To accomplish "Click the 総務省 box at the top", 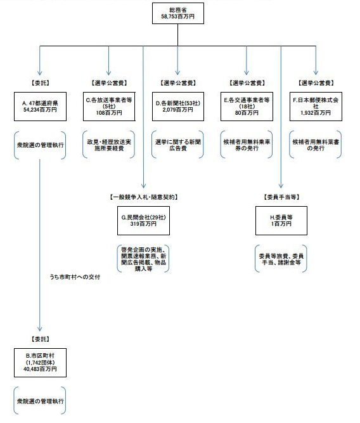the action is pyautogui.click(x=177, y=13).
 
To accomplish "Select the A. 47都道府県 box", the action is pyautogui.click(x=40, y=107).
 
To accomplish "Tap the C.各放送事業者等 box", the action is pyautogui.click(x=109, y=107).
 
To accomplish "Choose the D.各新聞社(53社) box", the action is pyautogui.click(x=178, y=107).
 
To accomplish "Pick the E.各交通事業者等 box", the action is pyautogui.click(x=247, y=107).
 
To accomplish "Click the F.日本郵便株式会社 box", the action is pyautogui.click(x=316, y=107).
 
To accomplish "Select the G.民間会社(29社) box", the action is pyautogui.click(x=143, y=221).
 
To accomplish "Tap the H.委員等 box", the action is pyautogui.click(x=281, y=221).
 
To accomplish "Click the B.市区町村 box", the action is pyautogui.click(x=40, y=363).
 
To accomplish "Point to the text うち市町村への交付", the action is pyautogui.click(x=75, y=277).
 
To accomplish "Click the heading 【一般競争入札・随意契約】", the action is pyautogui.click(x=144, y=197).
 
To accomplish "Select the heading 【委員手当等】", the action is pyautogui.click(x=281, y=197).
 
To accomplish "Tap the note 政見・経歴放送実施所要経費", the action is pyautogui.click(x=109, y=145).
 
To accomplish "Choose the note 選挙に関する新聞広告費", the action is pyautogui.click(x=178, y=145).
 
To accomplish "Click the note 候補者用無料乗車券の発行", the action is pyautogui.click(x=247, y=145).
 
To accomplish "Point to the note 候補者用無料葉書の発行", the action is pyautogui.click(x=316, y=145).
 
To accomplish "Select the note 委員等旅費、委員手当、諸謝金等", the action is pyautogui.click(x=281, y=259).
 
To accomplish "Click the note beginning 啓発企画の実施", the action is pyautogui.click(x=143, y=259).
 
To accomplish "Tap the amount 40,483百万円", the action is pyautogui.click(x=40, y=369).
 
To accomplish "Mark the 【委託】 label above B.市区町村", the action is pyautogui.click(x=40, y=339).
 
